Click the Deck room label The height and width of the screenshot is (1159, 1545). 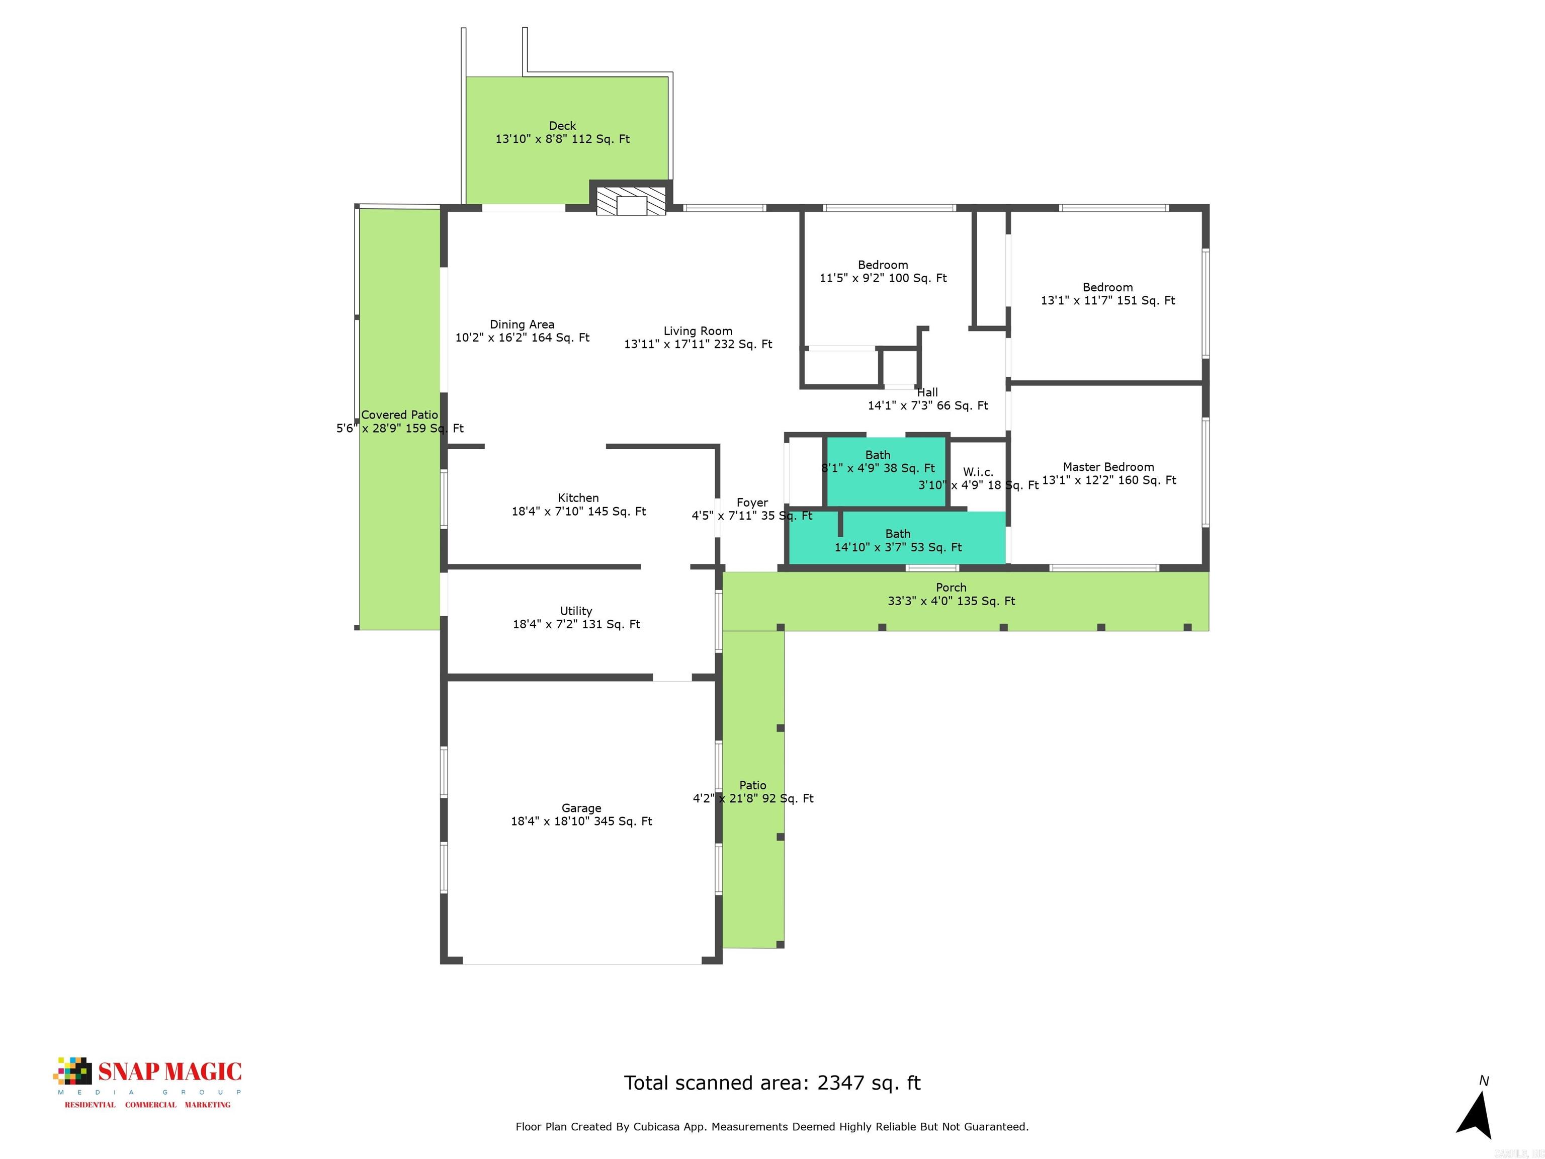562,126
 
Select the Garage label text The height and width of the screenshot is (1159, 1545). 581,808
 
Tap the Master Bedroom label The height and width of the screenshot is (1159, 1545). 1108,467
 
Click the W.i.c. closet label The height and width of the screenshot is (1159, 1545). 978,472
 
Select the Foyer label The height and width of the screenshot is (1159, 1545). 752,503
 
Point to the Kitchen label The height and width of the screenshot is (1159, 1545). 578,498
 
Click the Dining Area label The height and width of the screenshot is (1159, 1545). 522,325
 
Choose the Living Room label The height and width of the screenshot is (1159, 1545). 698,331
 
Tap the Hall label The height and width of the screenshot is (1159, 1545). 927,392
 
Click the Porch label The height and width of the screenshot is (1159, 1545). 952,588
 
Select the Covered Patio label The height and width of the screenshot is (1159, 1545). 399,415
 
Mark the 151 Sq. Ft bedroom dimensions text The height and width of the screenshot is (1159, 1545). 1108,300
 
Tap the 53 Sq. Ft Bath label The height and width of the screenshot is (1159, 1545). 898,534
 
